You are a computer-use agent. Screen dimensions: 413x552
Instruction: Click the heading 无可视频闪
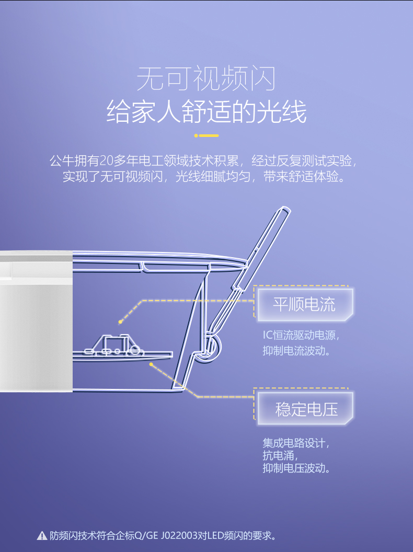[206, 78]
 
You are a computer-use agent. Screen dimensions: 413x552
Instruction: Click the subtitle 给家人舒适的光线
[206, 111]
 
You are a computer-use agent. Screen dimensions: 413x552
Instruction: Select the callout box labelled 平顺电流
[305, 305]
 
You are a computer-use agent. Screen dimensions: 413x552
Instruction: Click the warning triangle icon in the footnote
[42, 536]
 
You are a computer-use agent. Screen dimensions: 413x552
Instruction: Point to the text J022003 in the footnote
[179, 536]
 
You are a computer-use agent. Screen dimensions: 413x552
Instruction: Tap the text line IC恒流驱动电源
[301, 335]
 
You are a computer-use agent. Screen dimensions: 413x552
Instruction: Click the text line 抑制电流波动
[296, 351]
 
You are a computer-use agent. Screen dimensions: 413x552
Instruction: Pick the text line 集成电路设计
[296, 443]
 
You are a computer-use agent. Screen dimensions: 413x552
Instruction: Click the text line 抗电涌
[280, 455]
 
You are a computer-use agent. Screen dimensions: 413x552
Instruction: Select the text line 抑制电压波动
[296, 468]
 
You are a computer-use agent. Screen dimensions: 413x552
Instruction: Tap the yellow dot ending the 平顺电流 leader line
[120, 322]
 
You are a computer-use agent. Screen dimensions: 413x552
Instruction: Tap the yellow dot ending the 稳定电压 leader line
[151, 364]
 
